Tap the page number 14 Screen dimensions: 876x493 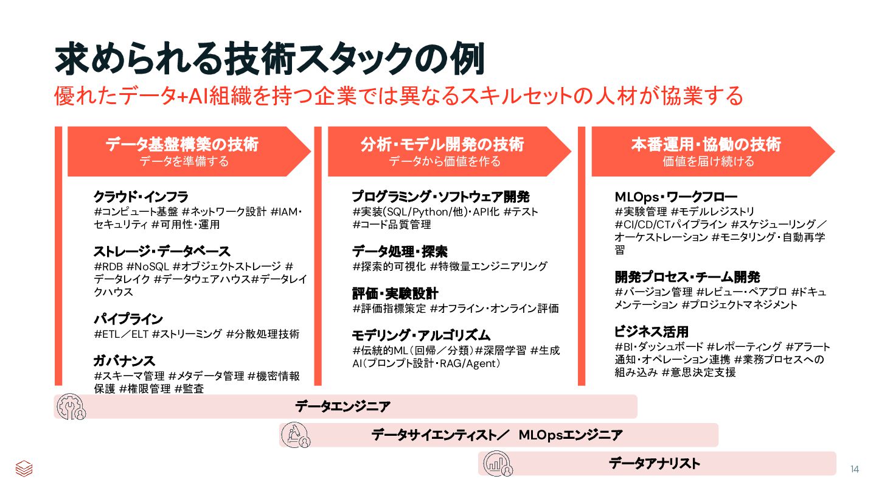855,469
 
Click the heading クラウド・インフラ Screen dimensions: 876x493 141,197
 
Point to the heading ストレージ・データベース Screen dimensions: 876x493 162,251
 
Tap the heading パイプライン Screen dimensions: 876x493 128,319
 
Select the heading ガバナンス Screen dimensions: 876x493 124,361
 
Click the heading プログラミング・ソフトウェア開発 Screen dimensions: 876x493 441,197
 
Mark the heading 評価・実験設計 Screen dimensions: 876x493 395,293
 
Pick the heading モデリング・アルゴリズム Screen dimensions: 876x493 422,335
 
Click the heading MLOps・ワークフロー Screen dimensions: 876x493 676,197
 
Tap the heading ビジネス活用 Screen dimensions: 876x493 652,332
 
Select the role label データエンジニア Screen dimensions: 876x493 342,407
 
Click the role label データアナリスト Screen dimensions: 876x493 655,464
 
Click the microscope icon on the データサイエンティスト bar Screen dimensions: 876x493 296,435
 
